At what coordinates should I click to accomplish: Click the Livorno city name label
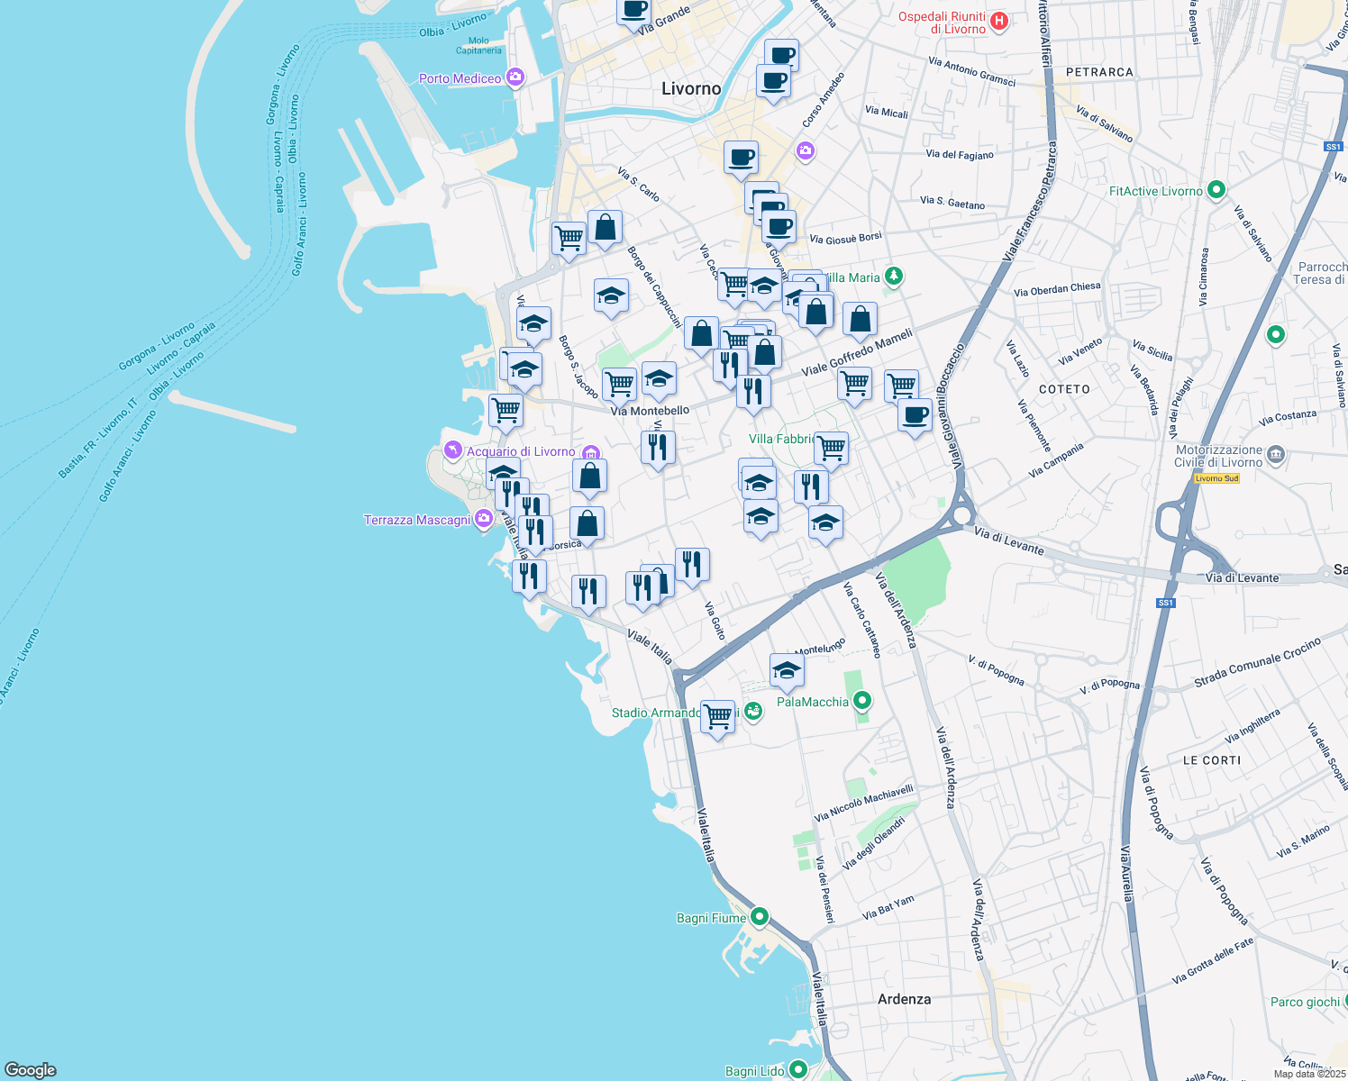pyautogui.click(x=691, y=88)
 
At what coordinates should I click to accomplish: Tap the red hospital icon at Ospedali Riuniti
pyautogui.click(x=998, y=21)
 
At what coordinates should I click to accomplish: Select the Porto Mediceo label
pyautogui.click(x=460, y=78)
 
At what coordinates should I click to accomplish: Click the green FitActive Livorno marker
pyautogui.click(x=1216, y=190)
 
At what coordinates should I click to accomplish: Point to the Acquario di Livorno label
pyautogui.click(x=520, y=451)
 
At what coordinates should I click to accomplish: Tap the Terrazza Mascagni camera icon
pyautogui.click(x=484, y=518)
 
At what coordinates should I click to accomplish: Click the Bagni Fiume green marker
pyautogui.click(x=759, y=917)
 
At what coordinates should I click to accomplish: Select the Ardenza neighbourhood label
pyautogui.click(x=904, y=999)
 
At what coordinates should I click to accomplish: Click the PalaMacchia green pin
pyautogui.click(x=862, y=700)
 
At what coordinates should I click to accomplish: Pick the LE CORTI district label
pyautogui.click(x=1211, y=760)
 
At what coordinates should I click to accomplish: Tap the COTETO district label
pyautogui.click(x=1064, y=389)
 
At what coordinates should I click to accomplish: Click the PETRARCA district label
pyautogui.click(x=1099, y=72)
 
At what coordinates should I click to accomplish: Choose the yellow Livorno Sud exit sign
pyautogui.click(x=1216, y=478)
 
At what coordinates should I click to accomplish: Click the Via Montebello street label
pyautogui.click(x=650, y=411)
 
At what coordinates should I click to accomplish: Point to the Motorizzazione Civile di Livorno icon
pyautogui.click(x=1276, y=454)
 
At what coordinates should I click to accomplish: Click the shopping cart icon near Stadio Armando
pyautogui.click(x=717, y=717)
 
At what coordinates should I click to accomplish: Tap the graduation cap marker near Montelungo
pyautogui.click(x=787, y=670)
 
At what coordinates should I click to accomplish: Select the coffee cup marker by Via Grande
pyautogui.click(x=633, y=10)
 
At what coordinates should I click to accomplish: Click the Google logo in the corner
pyautogui.click(x=31, y=1069)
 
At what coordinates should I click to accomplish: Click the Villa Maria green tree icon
pyautogui.click(x=893, y=276)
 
